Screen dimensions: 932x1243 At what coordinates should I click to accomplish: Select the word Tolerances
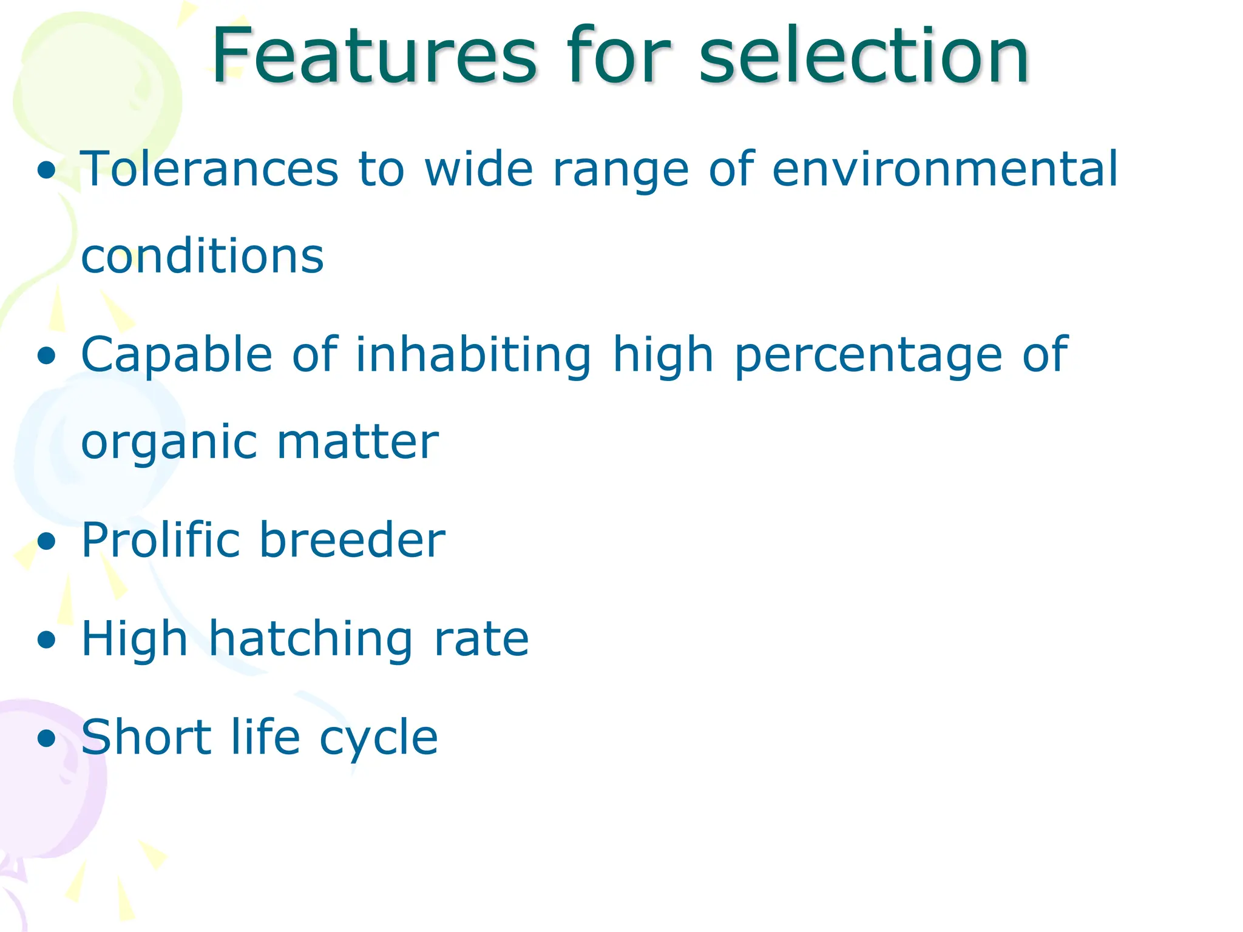point(209,169)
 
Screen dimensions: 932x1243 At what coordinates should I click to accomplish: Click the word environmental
point(944,169)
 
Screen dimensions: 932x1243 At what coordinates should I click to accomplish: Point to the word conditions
point(202,256)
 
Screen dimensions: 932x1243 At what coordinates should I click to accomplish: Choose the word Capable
point(177,355)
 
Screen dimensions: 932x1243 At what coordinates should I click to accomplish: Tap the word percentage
point(868,355)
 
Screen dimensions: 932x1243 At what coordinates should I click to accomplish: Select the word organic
point(169,443)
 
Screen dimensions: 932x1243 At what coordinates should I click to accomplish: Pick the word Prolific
point(160,539)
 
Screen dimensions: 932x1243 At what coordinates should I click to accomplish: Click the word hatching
point(310,639)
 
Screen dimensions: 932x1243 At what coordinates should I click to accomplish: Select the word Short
point(146,737)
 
